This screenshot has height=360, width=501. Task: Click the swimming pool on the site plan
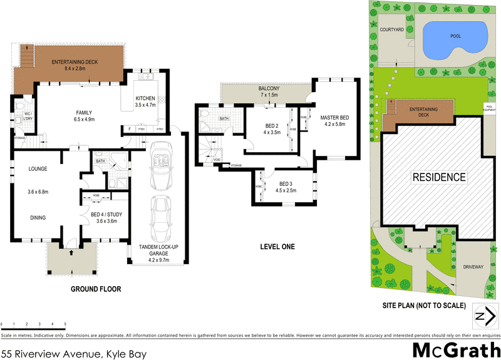click(455, 38)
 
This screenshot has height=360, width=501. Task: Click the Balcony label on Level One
click(269, 89)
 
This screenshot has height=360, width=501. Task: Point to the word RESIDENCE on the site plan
click(438, 177)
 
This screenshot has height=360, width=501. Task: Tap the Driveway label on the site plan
click(473, 267)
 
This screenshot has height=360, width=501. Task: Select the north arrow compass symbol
click(482, 316)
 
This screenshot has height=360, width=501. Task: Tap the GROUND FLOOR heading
click(96, 289)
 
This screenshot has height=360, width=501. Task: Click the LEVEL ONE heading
click(277, 247)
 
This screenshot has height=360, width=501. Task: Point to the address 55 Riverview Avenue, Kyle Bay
click(74, 354)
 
